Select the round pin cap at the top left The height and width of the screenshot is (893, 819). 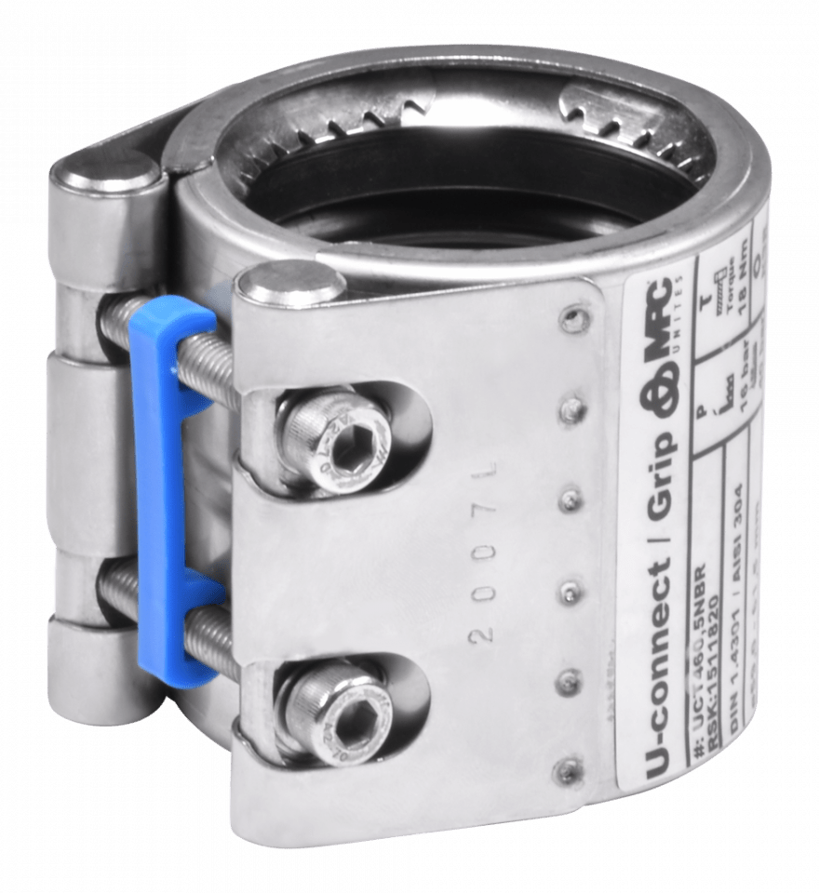(x=105, y=173)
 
